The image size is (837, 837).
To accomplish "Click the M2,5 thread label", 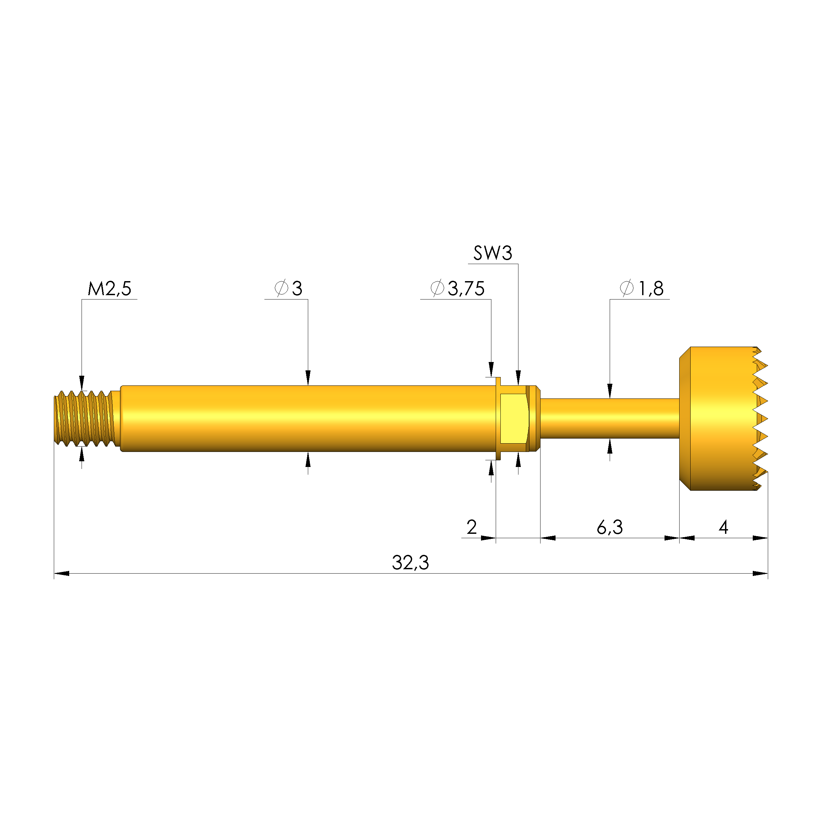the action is (x=110, y=289).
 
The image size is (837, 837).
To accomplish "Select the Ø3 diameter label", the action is (x=288, y=288).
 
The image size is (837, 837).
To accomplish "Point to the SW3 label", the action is (x=493, y=253).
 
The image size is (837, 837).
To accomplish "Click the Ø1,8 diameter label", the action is (x=641, y=288).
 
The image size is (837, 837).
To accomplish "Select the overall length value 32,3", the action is (x=410, y=563).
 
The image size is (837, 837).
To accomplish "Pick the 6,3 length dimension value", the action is (x=610, y=527).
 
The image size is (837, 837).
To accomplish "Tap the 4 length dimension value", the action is (x=723, y=527).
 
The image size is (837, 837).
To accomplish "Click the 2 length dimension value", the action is (x=472, y=527).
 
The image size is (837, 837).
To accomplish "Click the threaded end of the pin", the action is (x=87, y=418).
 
